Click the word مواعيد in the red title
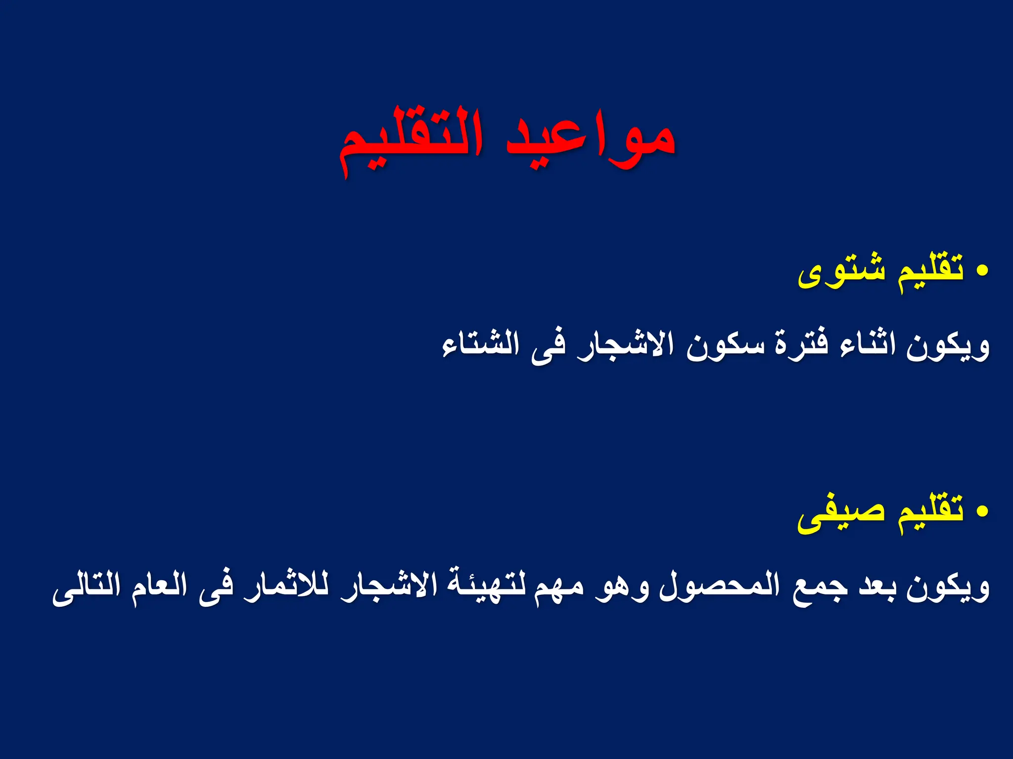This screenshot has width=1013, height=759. pyautogui.click(x=591, y=141)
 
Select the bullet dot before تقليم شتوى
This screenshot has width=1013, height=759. pyautogui.click(x=982, y=270)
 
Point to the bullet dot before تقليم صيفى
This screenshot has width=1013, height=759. pyautogui.click(x=982, y=511)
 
